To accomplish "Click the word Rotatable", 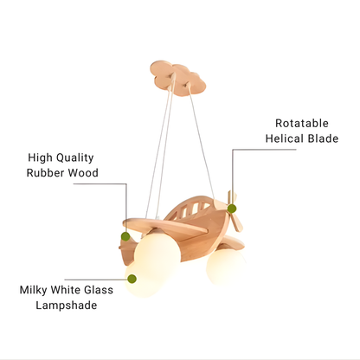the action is (302, 123).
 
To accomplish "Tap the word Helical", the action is (285, 138).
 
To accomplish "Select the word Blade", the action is (323, 138).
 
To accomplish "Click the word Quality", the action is (75, 158).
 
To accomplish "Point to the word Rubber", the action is (45, 173).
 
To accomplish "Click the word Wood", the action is (83, 173).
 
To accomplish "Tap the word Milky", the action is (33, 290).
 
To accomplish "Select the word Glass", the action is (99, 290).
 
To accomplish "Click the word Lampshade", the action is (67, 305).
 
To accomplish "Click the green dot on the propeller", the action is (232, 209).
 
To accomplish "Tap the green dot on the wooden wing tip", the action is (125, 236).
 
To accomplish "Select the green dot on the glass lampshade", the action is (132, 279).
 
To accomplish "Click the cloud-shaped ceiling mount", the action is (178, 78).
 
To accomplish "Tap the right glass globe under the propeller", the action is (225, 266).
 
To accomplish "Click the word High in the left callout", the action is (41, 158).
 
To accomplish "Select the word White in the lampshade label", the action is (65, 290).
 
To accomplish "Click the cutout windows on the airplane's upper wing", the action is (193, 209).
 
